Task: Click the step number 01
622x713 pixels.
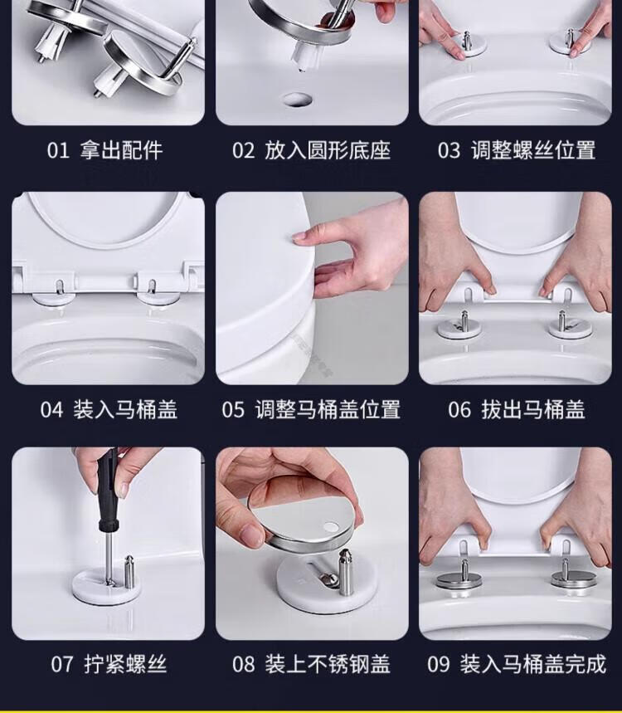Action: (58, 150)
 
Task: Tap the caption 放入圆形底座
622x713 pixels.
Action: (328, 150)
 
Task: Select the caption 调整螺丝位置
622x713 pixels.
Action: (533, 150)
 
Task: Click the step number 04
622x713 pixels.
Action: (51, 410)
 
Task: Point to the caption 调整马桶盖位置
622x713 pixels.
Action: (328, 410)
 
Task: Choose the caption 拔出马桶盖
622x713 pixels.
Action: (533, 410)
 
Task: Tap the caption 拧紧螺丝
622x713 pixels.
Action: (125, 664)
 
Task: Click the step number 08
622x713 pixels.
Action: (244, 664)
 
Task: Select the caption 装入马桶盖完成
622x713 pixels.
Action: (533, 664)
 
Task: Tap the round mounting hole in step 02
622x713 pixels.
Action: (298, 100)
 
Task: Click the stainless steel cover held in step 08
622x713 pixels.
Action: (302, 516)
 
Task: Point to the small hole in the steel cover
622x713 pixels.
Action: (331, 527)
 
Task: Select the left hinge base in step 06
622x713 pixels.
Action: (459, 328)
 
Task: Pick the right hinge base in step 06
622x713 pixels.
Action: (564, 327)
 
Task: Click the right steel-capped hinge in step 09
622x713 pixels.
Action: (568, 579)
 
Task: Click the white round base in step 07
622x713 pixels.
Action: (106, 587)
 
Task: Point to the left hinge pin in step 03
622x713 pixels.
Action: (466, 41)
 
